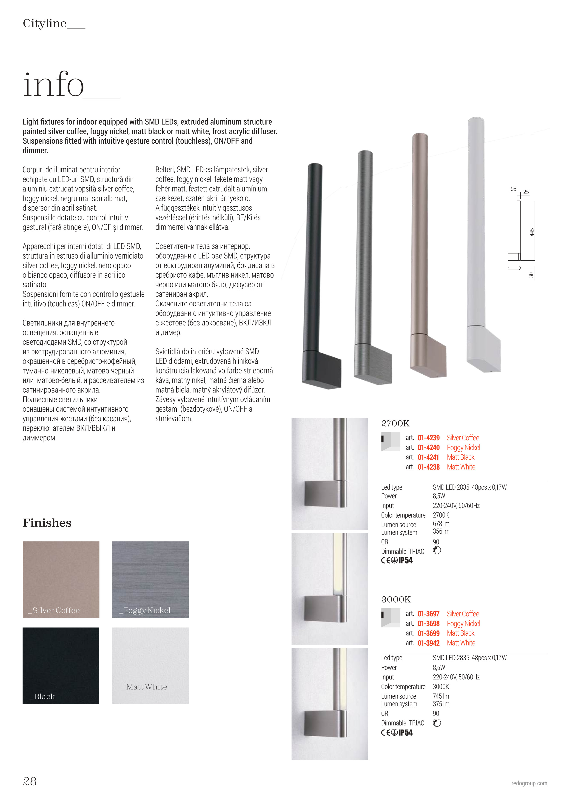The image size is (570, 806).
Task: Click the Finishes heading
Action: coord(47,523)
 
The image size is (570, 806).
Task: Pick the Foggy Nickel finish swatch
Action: coord(150,579)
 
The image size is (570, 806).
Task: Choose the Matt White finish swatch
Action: coord(150,666)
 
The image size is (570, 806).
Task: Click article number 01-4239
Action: coord(429,438)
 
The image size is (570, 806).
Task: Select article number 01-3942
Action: coord(429,643)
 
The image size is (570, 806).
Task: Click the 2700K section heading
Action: coord(395,423)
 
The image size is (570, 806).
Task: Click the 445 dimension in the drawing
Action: coord(532,232)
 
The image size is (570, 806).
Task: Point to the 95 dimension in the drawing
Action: coord(513,189)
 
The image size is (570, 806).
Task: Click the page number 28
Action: coord(30,781)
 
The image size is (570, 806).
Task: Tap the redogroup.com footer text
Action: coord(529,783)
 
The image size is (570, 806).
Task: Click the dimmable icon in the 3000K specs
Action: coord(437,723)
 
